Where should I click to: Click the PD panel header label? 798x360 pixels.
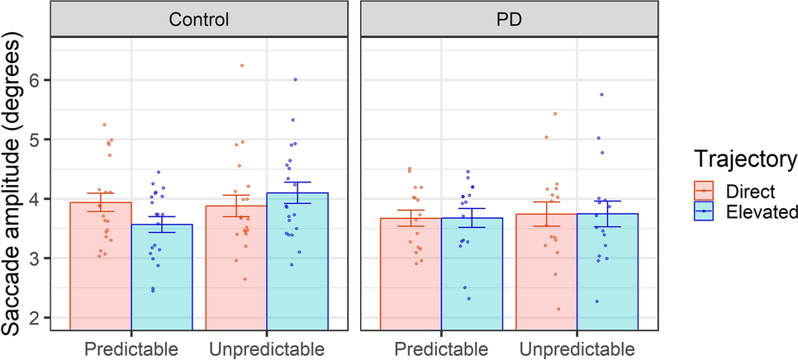tap(509, 19)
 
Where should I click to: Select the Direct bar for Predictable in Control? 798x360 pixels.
tap(100, 264)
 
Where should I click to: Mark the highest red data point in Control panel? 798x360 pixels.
tap(242, 65)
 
